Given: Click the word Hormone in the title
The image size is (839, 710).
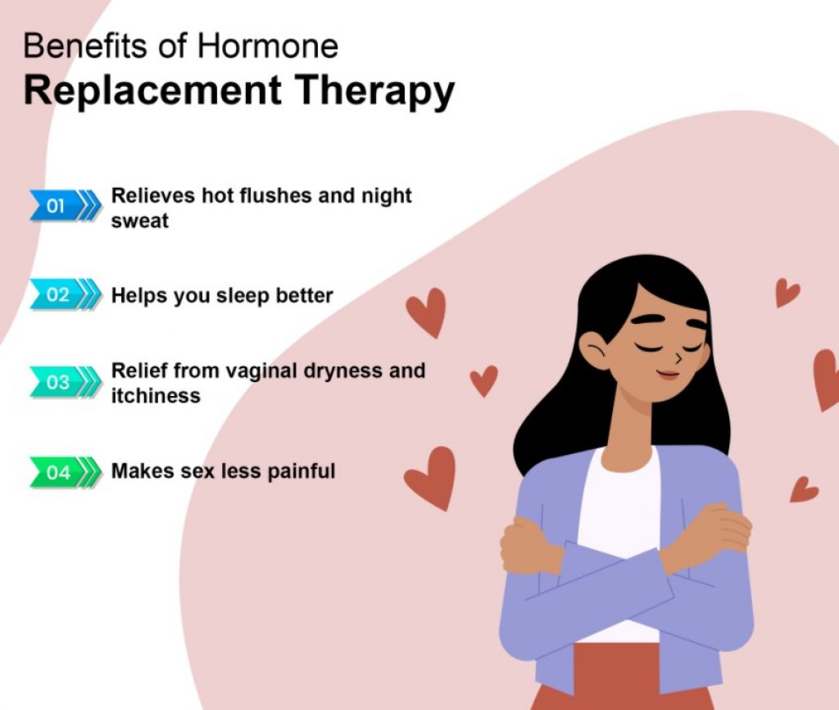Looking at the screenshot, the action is click(x=268, y=46).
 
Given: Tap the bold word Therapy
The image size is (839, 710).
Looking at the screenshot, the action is click(x=374, y=92).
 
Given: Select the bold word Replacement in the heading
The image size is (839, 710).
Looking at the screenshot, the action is click(x=152, y=90).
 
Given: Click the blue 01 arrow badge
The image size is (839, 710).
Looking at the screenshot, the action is click(x=65, y=205).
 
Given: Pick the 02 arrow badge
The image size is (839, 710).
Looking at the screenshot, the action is click(x=65, y=294).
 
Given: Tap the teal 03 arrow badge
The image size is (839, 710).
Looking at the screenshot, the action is click(x=65, y=382).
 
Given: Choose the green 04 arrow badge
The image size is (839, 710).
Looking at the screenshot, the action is click(x=65, y=472).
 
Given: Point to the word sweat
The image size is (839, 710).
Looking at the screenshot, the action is click(x=139, y=221).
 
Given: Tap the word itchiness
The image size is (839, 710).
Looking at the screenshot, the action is click(x=156, y=396).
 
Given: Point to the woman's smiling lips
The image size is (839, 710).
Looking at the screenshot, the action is click(x=669, y=374).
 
